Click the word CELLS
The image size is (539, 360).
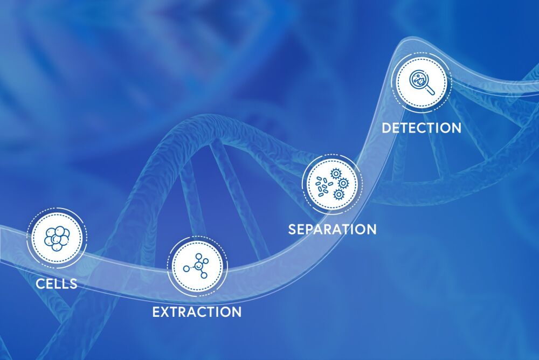point(57,283)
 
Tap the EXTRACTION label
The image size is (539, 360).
point(197,312)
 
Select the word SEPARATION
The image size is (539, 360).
point(332,230)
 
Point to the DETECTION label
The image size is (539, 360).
point(421,128)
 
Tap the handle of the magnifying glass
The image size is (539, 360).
point(431,91)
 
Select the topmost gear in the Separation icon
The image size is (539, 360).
point(335,174)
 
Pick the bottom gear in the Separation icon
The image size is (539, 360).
point(339,195)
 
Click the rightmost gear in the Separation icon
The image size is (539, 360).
point(343,183)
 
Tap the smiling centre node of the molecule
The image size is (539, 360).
point(198,265)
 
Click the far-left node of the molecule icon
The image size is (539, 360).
point(186,268)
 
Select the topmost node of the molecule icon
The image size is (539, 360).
point(198,256)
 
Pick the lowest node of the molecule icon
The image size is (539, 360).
point(204,275)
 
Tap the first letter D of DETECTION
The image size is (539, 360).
point(386,128)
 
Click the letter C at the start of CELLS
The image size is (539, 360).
point(40,283)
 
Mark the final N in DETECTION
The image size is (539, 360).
point(456,128)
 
